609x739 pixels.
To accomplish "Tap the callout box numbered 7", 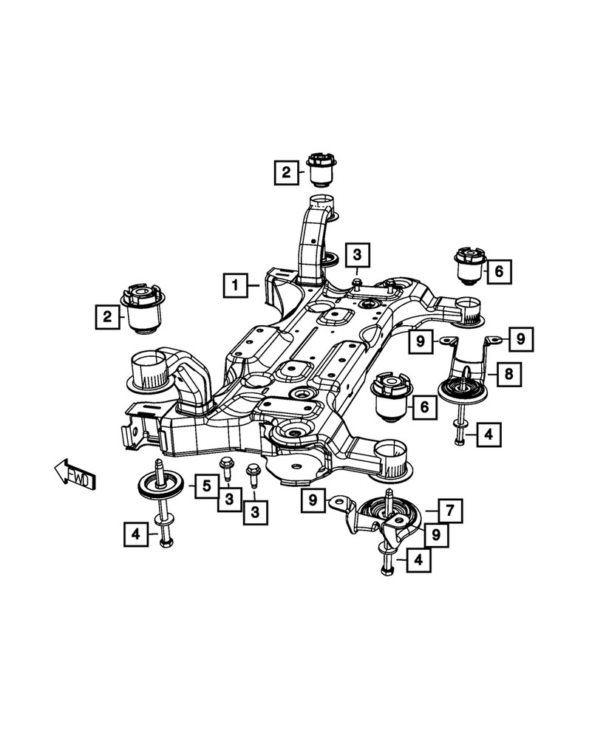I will [449, 509].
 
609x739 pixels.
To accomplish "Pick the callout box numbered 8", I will [507, 375].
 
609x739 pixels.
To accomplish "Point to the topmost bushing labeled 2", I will [322, 168].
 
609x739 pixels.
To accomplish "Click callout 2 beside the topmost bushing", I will [285, 173].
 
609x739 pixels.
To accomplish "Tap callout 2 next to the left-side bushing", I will [108, 318].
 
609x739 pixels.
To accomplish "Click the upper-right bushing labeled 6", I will [468, 266].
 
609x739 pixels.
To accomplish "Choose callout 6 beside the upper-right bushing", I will [498, 272].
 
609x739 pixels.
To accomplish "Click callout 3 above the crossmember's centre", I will [356, 256].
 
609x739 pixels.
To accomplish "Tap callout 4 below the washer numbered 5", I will [135, 533].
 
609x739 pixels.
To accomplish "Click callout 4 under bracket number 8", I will [488, 435].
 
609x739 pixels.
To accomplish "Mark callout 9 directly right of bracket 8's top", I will [520, 339].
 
